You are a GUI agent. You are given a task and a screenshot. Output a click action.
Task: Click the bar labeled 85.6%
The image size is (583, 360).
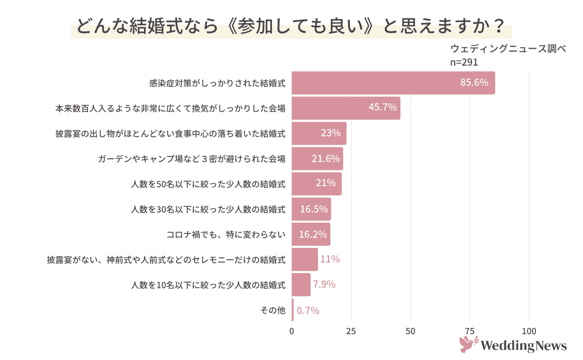392,83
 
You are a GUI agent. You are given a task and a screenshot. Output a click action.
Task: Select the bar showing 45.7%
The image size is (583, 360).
346,108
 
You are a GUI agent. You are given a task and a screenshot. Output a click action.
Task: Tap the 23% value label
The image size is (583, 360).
330,133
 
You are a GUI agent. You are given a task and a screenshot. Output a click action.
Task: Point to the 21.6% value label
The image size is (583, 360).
326,159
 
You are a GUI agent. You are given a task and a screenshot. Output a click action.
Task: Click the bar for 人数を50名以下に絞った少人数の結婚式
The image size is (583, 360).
316,184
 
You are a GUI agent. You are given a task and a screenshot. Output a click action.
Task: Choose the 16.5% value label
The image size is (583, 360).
314,209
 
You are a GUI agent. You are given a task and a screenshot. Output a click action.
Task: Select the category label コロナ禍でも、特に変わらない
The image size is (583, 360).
226,234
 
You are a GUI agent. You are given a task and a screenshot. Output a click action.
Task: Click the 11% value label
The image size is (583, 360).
330,259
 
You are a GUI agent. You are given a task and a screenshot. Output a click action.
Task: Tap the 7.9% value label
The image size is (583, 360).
324,284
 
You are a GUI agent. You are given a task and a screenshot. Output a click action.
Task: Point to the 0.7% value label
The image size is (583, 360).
308,310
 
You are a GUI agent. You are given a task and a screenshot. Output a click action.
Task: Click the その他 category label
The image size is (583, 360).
273,310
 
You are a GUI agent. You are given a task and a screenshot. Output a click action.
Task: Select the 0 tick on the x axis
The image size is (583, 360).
291,331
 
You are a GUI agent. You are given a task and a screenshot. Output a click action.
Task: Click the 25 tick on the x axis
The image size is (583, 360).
351,331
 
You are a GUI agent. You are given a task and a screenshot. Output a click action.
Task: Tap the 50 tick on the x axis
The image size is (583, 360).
410,331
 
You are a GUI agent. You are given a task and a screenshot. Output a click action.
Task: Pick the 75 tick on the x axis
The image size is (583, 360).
470,331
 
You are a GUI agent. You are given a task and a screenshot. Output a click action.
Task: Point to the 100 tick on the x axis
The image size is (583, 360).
529,331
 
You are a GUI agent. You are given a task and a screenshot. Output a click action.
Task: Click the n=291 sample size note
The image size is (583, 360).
464,62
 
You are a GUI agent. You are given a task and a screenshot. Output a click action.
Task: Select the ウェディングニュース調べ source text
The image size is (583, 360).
508,49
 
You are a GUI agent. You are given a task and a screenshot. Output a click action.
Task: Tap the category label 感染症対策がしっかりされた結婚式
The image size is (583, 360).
218,83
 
